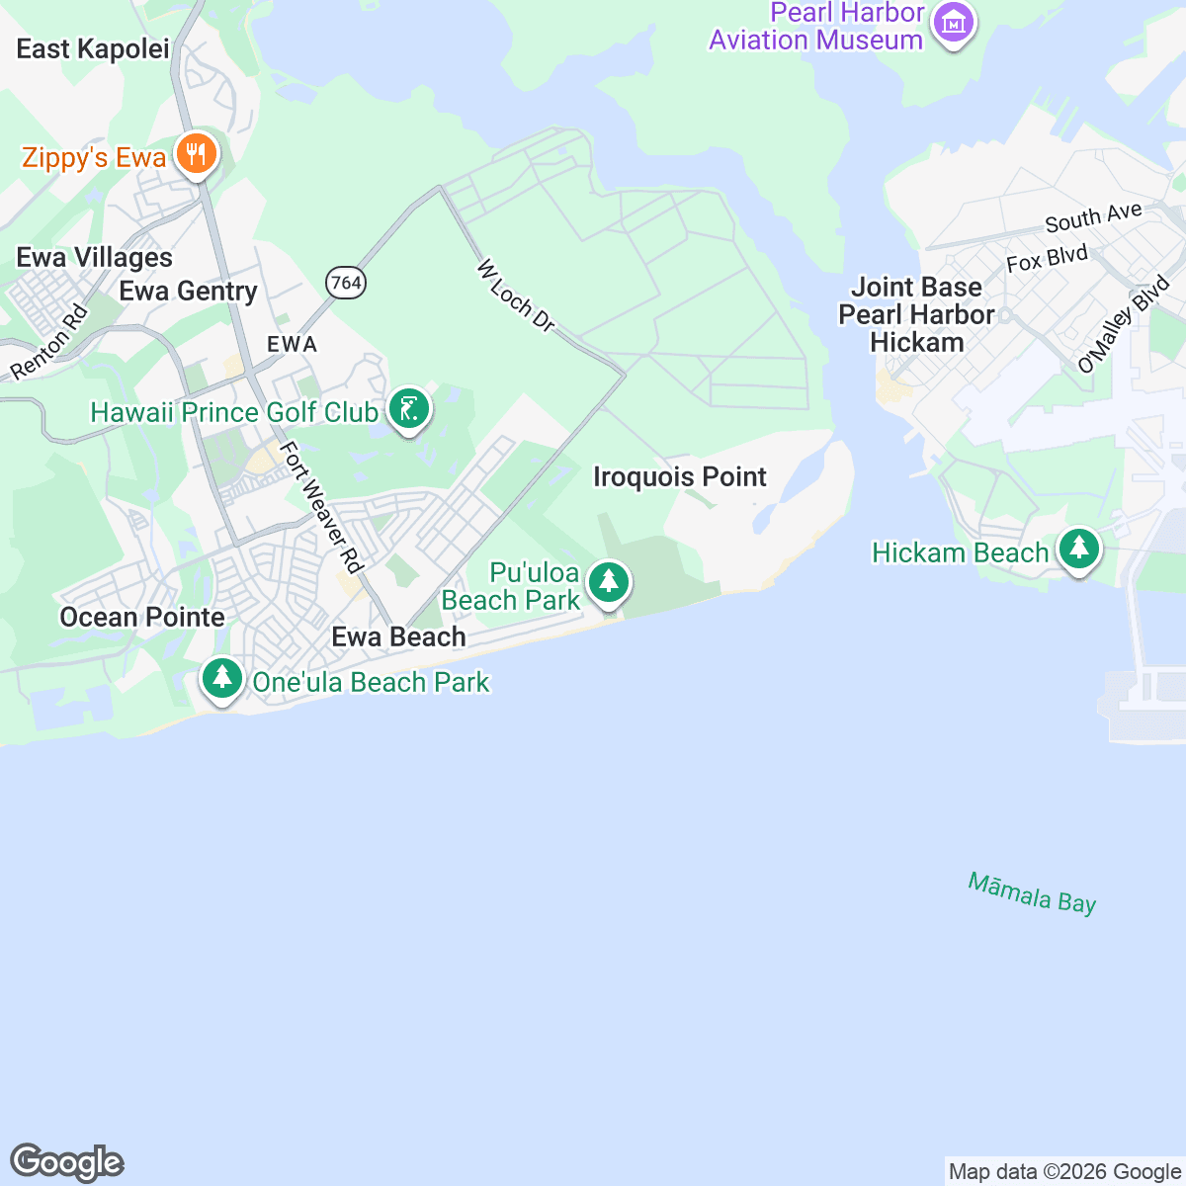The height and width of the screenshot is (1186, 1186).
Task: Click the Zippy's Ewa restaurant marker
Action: [197, 155]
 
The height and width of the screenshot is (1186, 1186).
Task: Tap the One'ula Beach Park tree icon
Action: [222, 679]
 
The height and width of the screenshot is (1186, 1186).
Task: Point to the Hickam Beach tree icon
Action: [1078, 549]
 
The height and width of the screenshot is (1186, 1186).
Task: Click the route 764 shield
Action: [346, 283]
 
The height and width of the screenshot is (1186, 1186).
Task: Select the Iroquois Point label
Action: [680, 476]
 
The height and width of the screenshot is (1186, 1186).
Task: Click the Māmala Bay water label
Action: [1032, 892]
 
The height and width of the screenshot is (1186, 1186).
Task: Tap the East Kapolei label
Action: [93, 49]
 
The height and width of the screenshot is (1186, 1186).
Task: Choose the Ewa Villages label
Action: [95, 258]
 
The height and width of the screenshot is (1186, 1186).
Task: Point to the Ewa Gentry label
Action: [188, 291]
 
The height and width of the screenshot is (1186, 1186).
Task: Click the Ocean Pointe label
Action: [142, 617]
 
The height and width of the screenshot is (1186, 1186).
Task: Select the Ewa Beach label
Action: [398, 636]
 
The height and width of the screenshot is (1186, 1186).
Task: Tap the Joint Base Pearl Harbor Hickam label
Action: [916, 314]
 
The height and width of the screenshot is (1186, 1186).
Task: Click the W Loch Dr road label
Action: [515, 296]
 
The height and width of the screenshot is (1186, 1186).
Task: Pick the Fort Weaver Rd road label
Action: [321, 507]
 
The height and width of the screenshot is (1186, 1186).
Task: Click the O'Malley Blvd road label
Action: [1124, 326]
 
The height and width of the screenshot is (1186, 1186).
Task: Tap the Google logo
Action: [67, 1162]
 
